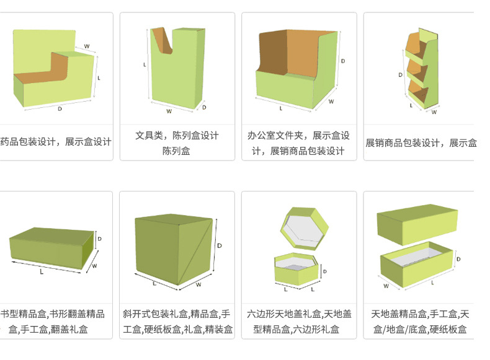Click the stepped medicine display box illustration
[x=53, y=74]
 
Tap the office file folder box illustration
[x=295, y=71]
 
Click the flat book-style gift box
[x=50, y=248]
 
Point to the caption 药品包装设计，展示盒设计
[x=56, y=142]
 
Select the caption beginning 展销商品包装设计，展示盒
[x=421, y=143]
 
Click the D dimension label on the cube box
[x=220, y=246]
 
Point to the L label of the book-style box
[x=42, y=271]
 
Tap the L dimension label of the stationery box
[x=145, y=64]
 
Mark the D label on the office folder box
[x=343, y=61]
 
